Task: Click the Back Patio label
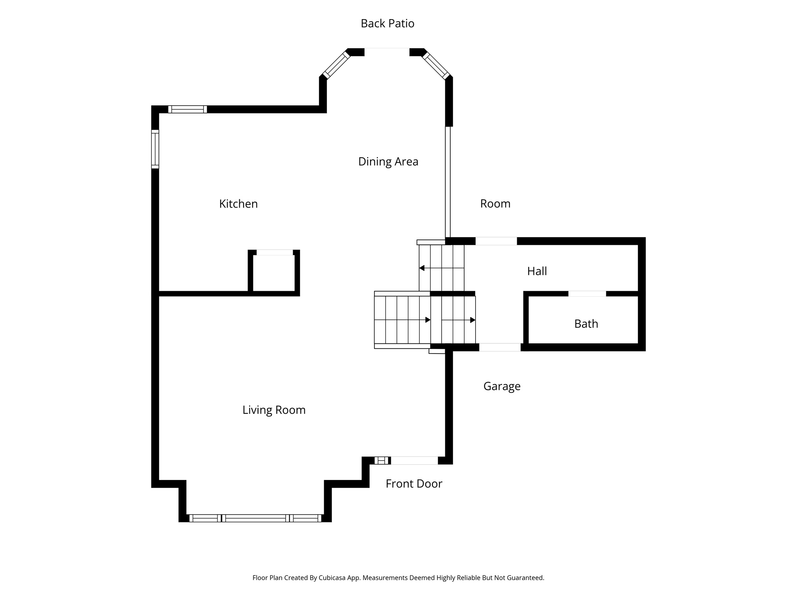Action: click(387, 24)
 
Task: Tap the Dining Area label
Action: click(388, 162)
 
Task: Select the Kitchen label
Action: click(238, 204)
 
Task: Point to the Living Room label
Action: click(274, 410)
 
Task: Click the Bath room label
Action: click(586, 324)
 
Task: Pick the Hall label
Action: click(537, 271)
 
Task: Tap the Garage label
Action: click(502, 386)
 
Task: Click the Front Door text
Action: click(414, 484)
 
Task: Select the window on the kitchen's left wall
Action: click(155, 149)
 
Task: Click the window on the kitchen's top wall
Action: click(187, 109)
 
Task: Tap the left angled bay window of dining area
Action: click(336, 65)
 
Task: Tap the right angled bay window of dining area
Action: click(436, 65)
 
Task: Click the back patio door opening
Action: click(386, 52)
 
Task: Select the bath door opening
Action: click(587, 294)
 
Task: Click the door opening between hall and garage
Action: click(500, 347)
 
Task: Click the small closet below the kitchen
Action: click(274, 273)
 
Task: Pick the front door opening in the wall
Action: click(414, 461)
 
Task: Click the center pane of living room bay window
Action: click(255, 518)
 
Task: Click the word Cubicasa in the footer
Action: click(333, 578)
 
